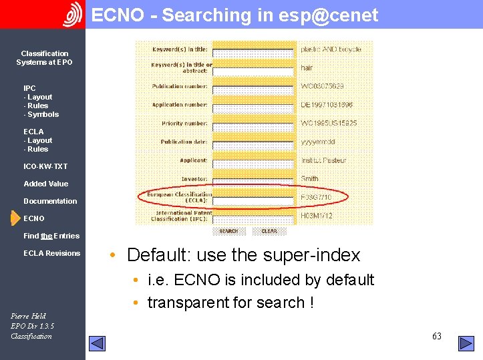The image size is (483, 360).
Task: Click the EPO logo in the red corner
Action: [72, 14]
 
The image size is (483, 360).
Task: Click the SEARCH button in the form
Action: [228, 231]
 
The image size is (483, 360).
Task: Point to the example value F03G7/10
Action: [316, 198]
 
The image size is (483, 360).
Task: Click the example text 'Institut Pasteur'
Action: [323, 160]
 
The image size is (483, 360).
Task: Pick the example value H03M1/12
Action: [317, 216]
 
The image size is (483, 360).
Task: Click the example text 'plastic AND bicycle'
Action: [331, 49]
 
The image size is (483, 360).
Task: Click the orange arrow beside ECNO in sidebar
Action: [15, 218]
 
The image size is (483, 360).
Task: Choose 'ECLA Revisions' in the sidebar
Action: [51, 253]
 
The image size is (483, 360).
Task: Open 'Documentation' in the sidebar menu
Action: [50, 201]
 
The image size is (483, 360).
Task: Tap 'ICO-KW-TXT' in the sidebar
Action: [45, 166]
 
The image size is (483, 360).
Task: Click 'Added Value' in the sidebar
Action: [45, 184]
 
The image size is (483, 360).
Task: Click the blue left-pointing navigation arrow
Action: [98, 343]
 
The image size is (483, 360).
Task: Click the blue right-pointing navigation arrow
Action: [466, 343]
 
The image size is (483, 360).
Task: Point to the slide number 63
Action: [437, 336]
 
